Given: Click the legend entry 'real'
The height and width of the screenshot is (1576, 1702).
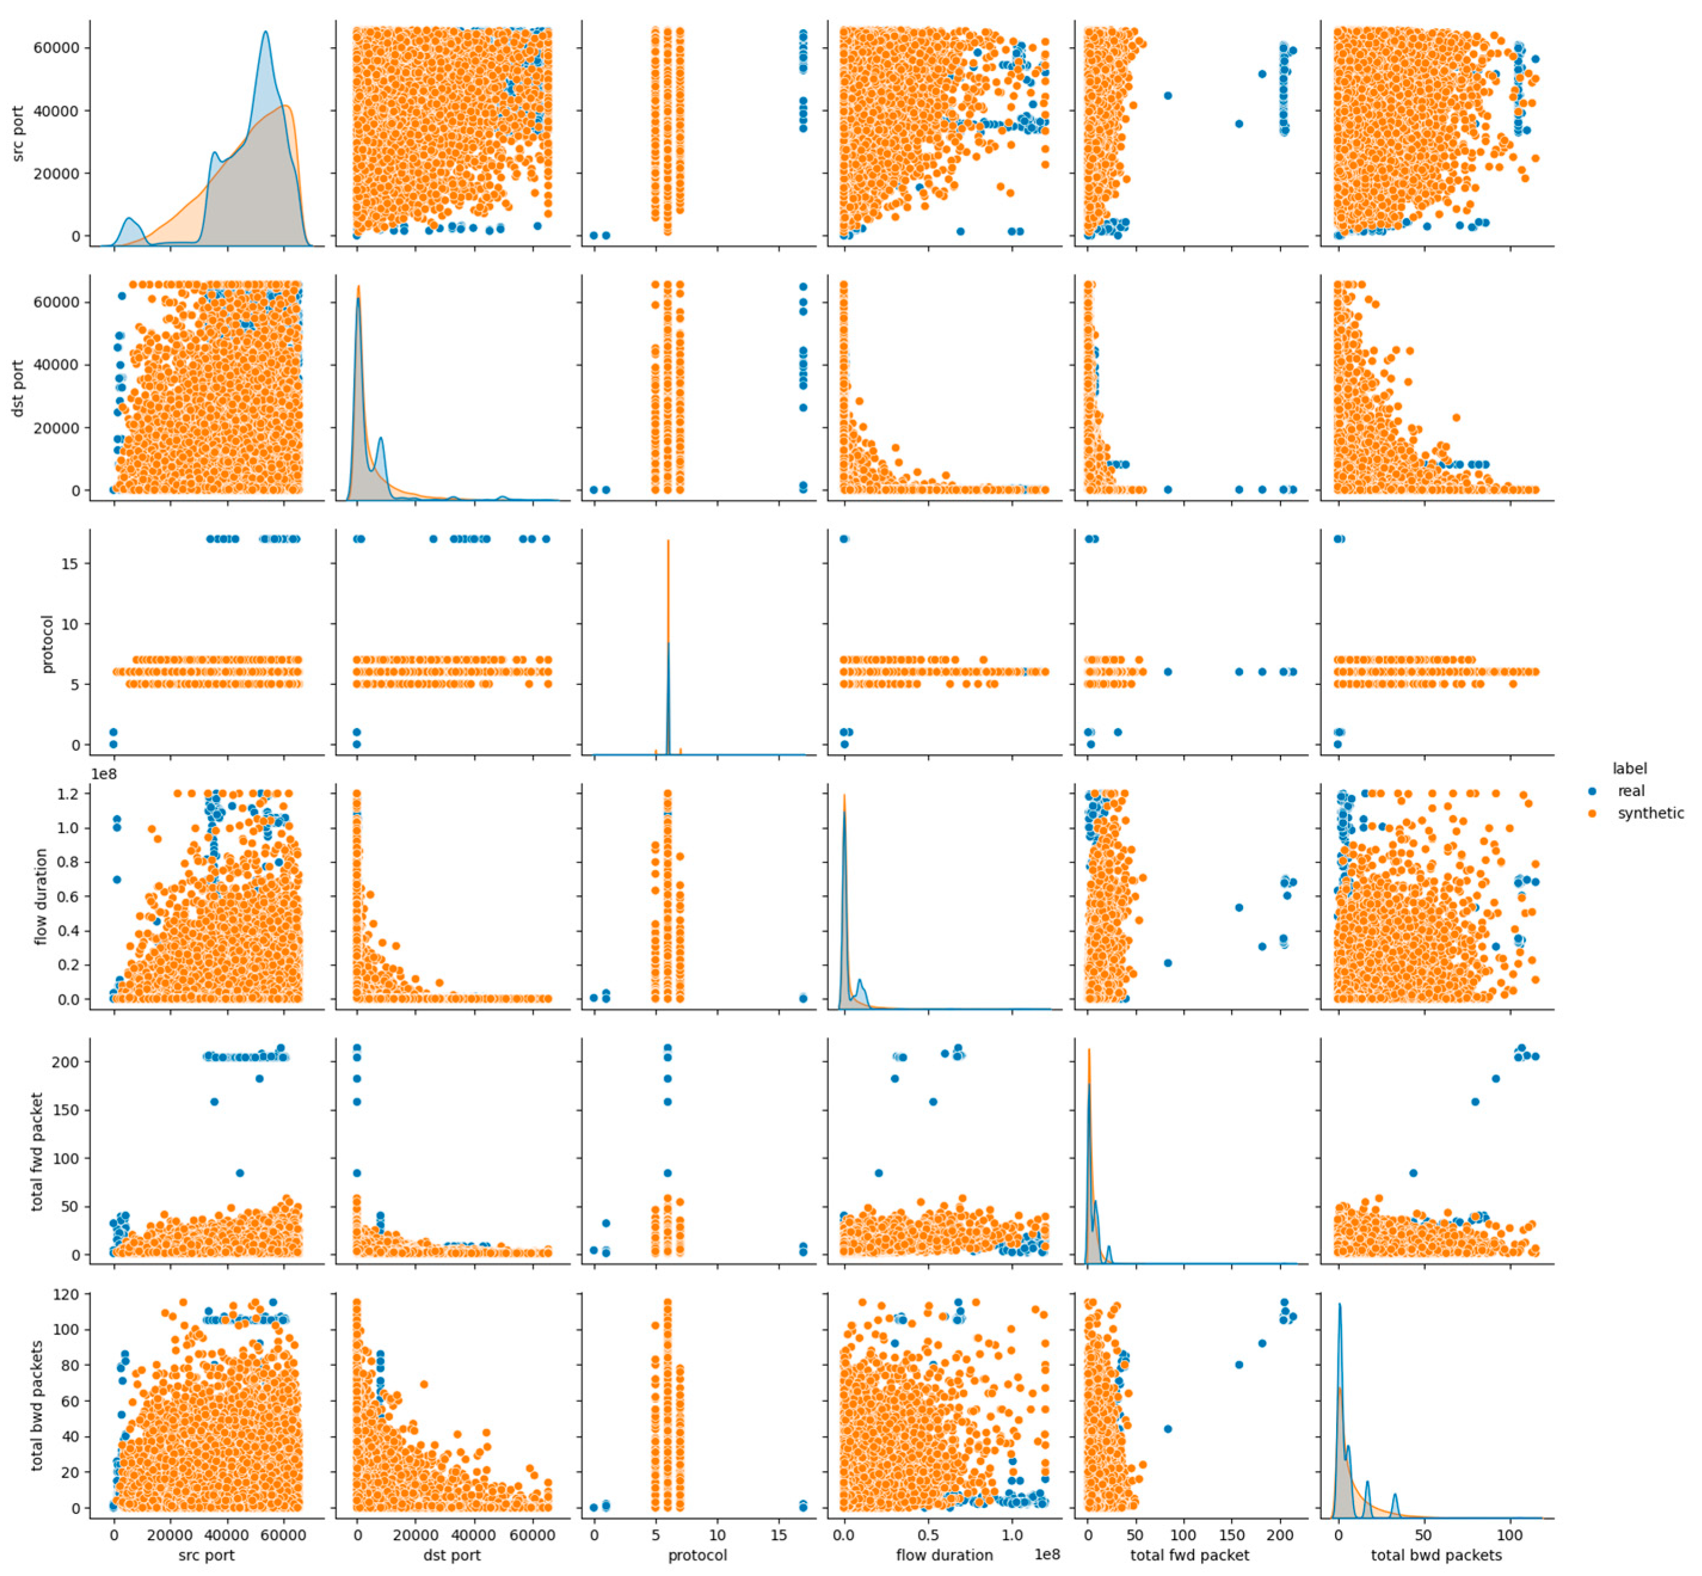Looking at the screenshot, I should [1630, 791].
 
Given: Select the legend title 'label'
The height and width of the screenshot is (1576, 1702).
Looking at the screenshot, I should [1629, 769].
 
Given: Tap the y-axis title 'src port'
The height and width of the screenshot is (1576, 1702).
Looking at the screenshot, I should [18, 134].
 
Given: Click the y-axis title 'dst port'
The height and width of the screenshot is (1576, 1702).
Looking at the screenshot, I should [18, 388].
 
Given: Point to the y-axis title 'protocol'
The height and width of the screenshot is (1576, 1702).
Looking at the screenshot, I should [48, 643].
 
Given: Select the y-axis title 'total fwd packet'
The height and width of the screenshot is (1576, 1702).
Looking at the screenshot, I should [36, 1151].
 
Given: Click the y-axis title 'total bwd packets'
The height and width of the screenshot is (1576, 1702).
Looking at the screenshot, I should [36, 1405].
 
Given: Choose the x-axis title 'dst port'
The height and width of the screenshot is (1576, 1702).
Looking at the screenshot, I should [452, 1555].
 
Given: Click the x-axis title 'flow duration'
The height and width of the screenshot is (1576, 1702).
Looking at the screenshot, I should [944, 1555].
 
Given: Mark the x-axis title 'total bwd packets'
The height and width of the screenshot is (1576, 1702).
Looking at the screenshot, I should [1436, 1555].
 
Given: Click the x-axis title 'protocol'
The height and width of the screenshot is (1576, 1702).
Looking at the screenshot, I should [698, 1555].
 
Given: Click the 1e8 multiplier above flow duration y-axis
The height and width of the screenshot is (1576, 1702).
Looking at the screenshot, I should [104, 773].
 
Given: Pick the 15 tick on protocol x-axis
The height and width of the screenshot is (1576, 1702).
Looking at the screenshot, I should [779, 1534].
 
